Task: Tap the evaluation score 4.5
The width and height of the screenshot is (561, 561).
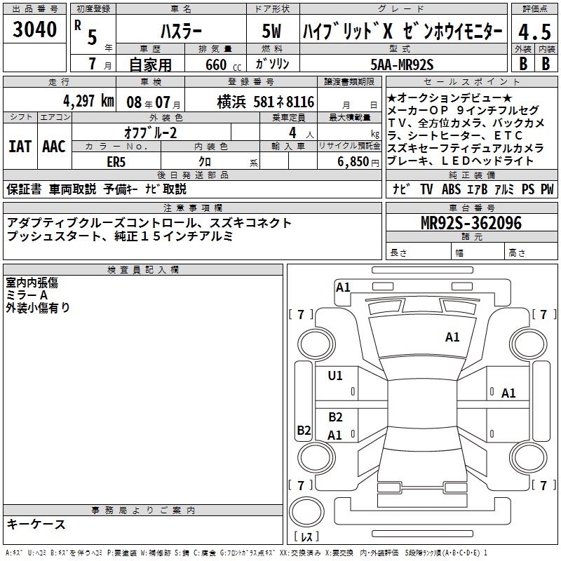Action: click(x=534, y=32)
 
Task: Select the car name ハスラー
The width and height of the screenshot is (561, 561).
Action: click(x=180, y=32)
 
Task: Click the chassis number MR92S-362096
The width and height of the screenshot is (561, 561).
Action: click(x=471, y=223)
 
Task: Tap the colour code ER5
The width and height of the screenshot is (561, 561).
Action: click(x=116, y=161)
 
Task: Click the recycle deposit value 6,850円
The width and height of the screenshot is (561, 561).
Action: click(x=355, y=161)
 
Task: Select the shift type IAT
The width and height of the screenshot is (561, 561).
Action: click(x=20, y=147)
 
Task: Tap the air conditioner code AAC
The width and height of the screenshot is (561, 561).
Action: click(x=53, y=147)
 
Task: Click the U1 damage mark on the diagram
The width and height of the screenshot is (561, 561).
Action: click(x=335, y=376)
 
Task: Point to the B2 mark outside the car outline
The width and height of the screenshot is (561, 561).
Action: click(x=303, y=431)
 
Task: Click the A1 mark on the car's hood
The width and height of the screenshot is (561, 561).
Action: click(x=452, y=337)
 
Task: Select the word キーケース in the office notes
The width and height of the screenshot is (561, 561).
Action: click(x=36, y=524)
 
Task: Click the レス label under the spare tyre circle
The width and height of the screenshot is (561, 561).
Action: click(x=307, y=538)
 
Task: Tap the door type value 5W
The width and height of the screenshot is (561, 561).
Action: click(x=273, y=32)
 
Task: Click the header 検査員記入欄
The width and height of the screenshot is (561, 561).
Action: click(x=143, y=269)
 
